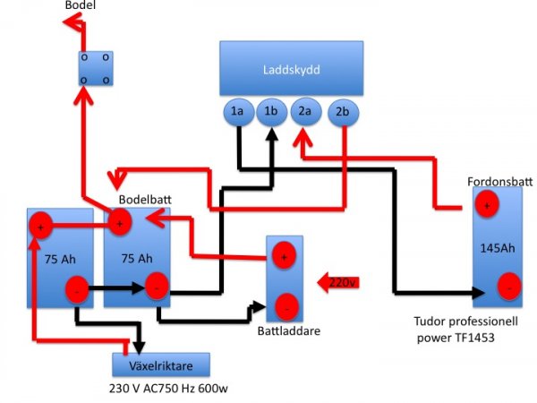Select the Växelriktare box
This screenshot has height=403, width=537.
point(161,364)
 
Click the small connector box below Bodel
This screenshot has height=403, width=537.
point(95,68)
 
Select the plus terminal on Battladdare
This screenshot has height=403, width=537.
point(285,256)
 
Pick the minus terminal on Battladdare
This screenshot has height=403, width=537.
point(285,307)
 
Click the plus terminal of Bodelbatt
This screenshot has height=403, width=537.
point(119,221)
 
